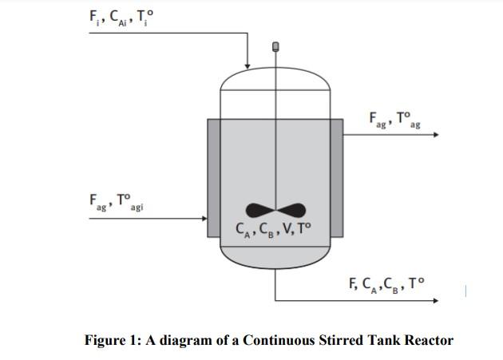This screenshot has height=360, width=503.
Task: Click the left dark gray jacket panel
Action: [213, 177]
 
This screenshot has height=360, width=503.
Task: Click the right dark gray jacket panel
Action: [337, 177]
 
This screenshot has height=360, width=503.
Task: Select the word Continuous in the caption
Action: [278, 340]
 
